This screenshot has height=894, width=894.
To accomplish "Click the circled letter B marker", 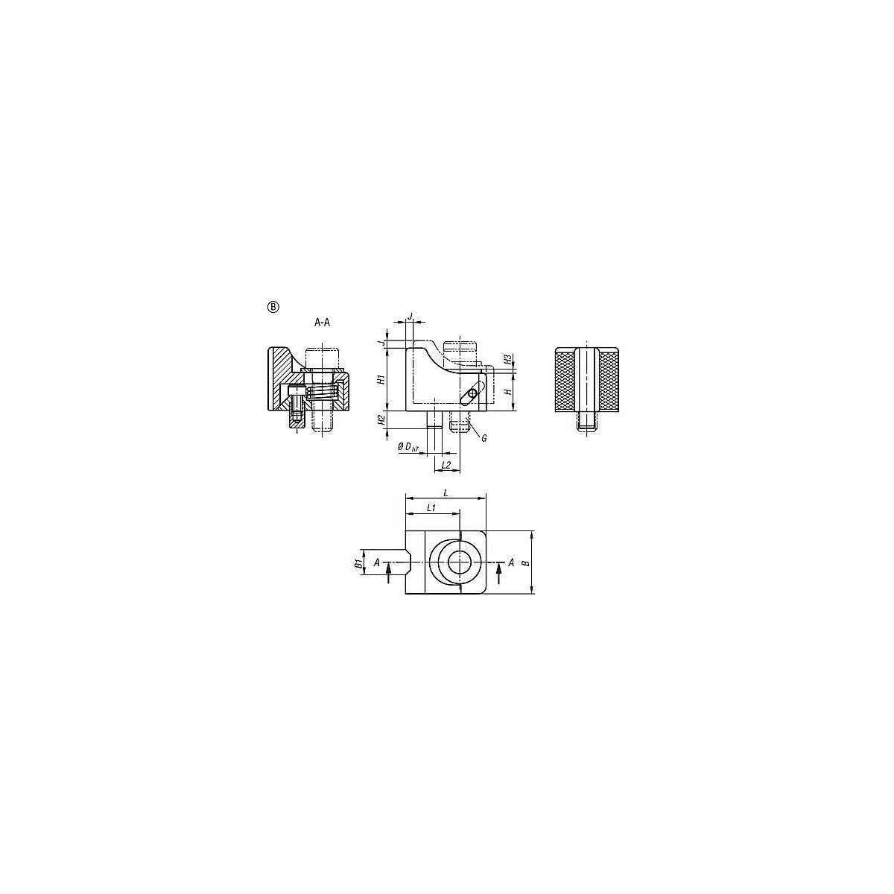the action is tap(273, 307).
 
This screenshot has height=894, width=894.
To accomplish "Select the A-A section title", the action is tap(322, 323).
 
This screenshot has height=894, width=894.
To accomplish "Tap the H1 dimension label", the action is tap(381, 379).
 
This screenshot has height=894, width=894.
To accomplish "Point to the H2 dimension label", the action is tap(381, 420).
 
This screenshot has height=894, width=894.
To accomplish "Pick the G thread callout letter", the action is tap(484, 438).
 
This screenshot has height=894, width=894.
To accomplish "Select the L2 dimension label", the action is tap(446, 464).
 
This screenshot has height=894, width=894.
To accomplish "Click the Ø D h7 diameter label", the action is tap(408, 447).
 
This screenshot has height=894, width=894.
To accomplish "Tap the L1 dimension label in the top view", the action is tap(431, 507).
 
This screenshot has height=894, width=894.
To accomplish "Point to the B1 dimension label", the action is tap(358, 563).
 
